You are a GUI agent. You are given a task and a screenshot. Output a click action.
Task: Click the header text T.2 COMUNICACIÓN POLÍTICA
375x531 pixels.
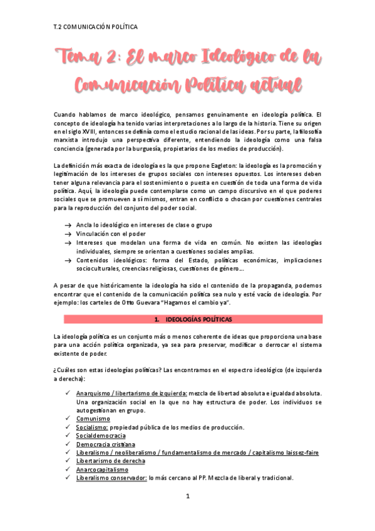96,27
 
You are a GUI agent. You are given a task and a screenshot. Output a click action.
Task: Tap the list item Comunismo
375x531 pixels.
94,418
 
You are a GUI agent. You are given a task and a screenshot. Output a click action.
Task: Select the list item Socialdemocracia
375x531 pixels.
101,435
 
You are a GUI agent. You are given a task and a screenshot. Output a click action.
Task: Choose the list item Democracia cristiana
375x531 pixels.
105,444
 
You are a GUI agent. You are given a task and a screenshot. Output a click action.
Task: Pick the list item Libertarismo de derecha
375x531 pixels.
111,461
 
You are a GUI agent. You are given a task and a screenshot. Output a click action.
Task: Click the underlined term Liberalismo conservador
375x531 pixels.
111,478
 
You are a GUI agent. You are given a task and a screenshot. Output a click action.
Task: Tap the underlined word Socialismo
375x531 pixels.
92,427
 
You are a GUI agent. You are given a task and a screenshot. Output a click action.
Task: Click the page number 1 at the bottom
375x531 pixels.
187,514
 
